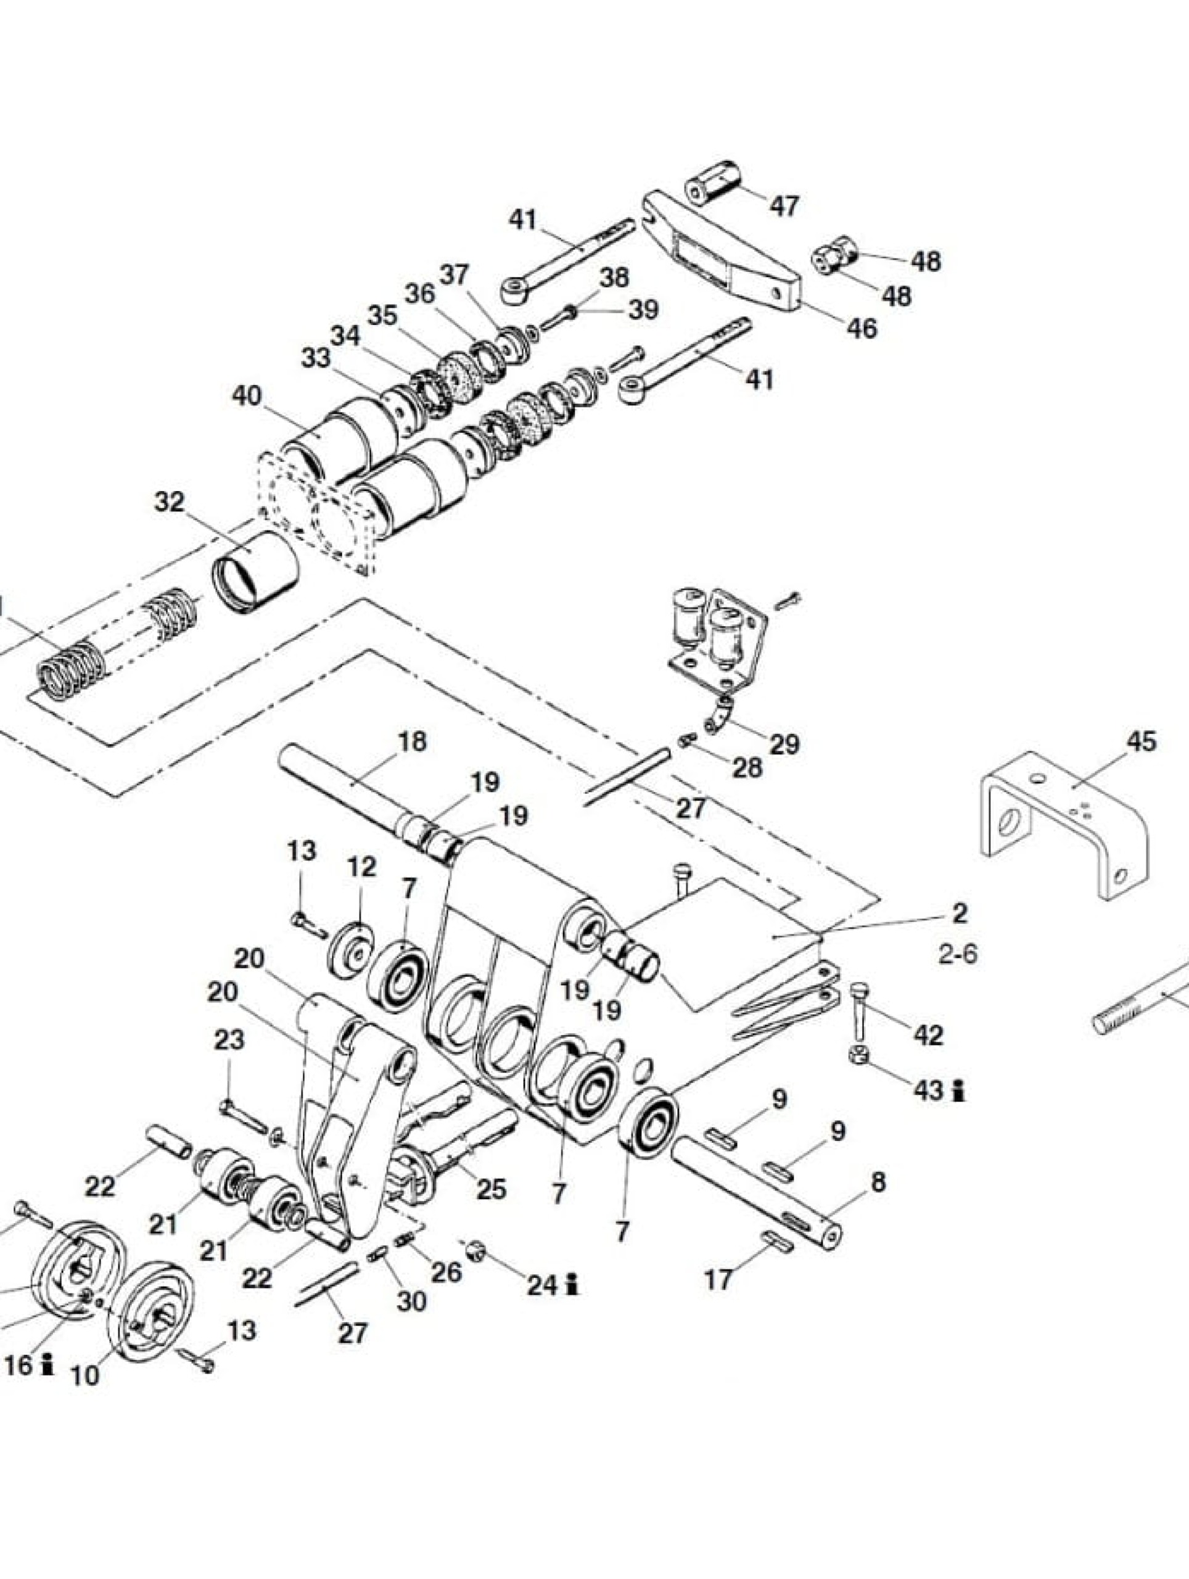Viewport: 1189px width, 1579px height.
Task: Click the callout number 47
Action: [784, 206]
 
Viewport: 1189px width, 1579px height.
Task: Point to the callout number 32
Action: [170, 502]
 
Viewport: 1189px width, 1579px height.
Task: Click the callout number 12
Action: [362, 867]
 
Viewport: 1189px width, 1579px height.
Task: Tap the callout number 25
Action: [491, 1189]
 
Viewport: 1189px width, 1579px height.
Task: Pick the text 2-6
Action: [958, 954]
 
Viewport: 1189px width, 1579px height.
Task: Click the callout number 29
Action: [784, 744]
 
